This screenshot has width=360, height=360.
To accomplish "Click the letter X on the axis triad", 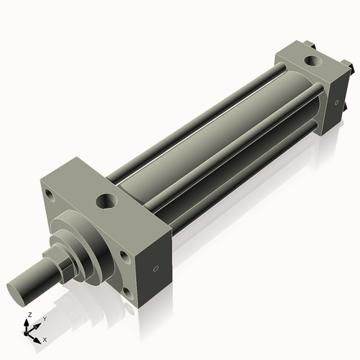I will (45, 338).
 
